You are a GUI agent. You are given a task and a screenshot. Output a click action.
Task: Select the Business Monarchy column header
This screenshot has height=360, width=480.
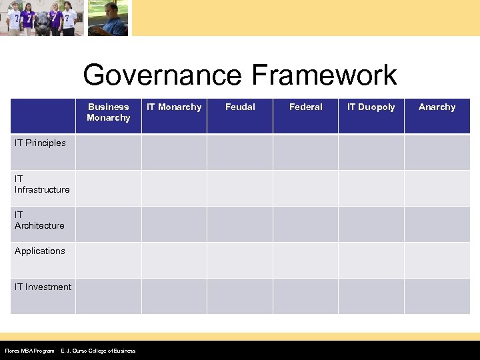[x=108, y=112]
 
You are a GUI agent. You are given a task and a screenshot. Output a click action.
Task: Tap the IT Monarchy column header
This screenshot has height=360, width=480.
[x=174, y=107]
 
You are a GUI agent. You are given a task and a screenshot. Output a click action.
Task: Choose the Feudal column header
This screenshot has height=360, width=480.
[x=240, y=107]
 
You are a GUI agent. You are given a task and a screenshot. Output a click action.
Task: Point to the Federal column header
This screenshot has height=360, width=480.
[x=305, y=107]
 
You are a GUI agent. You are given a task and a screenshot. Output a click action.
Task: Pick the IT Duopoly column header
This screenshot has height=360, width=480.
[x=371, y=107]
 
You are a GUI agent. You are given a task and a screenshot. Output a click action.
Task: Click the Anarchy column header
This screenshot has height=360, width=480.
[x=437, y=107]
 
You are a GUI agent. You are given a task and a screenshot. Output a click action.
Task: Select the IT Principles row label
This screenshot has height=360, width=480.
[x=40, y=143]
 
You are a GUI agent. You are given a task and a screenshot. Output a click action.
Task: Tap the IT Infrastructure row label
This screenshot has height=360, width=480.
[x=42, y=184]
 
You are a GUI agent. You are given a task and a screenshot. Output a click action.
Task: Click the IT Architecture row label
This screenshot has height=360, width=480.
[x=39, y=220]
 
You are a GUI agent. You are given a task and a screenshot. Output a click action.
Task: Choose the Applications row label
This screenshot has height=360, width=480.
[x=40, y=251]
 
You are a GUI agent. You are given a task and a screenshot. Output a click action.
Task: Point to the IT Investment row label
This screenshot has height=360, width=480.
[x=43, y=287]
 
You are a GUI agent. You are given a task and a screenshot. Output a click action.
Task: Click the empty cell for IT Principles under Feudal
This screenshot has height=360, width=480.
[x=240, y=152]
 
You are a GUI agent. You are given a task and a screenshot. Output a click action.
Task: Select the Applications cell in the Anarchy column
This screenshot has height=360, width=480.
[x=437, y=260]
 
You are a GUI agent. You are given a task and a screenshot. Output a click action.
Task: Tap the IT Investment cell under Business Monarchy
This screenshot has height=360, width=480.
[x=108, y=296]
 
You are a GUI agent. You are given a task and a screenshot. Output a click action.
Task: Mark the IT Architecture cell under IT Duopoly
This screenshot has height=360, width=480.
[x=371, y=224]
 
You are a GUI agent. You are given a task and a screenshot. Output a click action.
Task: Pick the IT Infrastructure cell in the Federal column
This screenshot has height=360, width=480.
[x=305, y=188]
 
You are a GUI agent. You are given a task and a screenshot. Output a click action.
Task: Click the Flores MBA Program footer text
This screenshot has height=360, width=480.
[x=29, y=351]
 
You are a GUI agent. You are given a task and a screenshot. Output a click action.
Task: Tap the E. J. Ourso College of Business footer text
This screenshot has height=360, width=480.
[x=98, y=351]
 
